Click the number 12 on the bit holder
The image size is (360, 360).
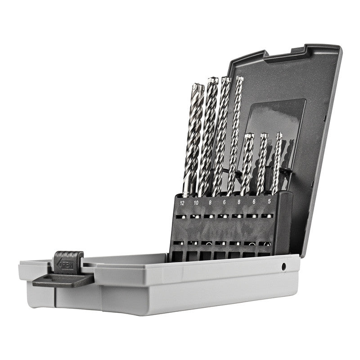(x=182, y=203)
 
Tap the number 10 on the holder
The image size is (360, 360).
(x=197, y=203)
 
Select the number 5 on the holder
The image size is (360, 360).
(x=269, y=202)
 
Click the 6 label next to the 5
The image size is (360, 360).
(x=254, y=202)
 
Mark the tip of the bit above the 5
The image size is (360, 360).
(x=279, y=135)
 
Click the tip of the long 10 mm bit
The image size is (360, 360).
(x=212, y=81)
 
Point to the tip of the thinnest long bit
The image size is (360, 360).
(x=239, y=79)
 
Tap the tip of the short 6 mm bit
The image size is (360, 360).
(x=264, y=135)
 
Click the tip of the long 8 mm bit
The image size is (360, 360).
(x=225, y=80)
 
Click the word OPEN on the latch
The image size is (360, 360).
(x=68, y=265)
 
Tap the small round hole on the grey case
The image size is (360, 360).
(x=284, y=267)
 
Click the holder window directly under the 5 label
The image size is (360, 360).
(x=268, y=216)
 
